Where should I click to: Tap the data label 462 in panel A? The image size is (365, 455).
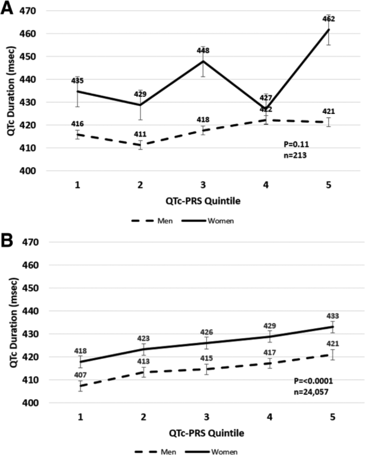click(x=328, y=19)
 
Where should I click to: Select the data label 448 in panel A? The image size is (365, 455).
click(x=203, y=51)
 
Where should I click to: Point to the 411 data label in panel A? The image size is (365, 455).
click(x=141, y=135)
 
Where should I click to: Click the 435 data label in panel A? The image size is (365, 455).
click(x=78, y=80)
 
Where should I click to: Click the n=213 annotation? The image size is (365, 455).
click(x=296, y=156)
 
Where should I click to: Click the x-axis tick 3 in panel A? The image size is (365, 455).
click(x=203, y=183)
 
